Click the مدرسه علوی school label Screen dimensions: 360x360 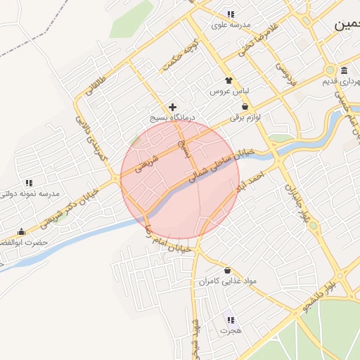point(231,25)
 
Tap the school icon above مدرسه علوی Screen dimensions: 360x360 point(231,15)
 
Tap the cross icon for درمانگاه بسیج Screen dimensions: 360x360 point(172,107)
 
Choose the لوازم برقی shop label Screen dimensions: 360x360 point(244,118)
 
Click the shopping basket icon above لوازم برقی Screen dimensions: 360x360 point(244,108)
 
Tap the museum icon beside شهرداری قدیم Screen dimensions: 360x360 point(344,71)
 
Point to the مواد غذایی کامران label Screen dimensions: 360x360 point(226,281)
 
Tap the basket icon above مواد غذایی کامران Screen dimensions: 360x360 point(226,270)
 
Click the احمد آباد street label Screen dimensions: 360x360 point(250,179)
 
